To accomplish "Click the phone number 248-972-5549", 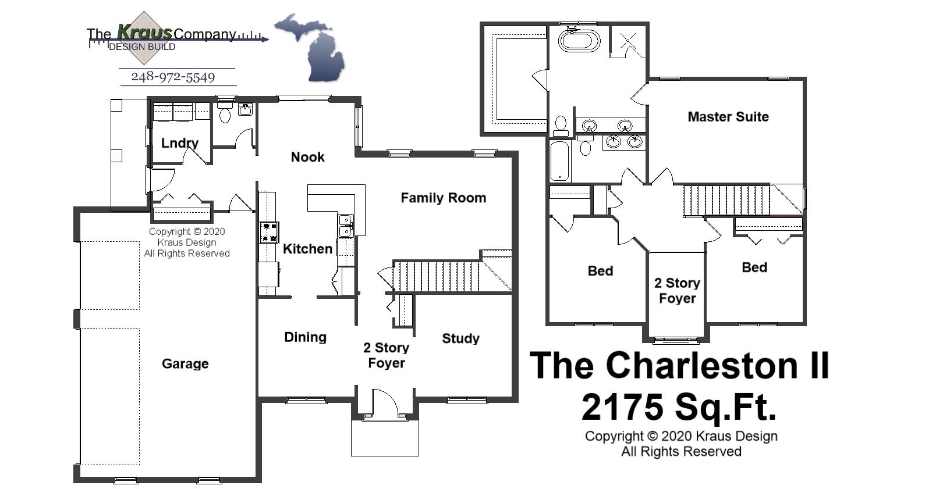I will [173, 77].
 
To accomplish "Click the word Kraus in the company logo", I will [144, 32].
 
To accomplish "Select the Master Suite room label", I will [728, 117].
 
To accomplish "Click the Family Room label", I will [443, 198].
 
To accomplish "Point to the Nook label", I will [307, 157].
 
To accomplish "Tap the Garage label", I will [185, 364].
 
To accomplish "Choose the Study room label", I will [460, 338].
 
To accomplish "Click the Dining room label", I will [305, 337].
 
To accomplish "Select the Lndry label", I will [180, 143].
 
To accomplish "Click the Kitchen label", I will [307, 249].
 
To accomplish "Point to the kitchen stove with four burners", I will [269, 233].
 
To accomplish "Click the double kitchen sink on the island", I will [345, 226].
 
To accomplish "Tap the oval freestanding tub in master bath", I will [579, 41].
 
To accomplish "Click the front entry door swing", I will [383, 404].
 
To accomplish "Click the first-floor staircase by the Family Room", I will [437, 276].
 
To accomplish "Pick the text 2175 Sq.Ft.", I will [679, 406].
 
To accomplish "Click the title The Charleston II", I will [679, 366].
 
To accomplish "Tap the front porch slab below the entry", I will [385, 437].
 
